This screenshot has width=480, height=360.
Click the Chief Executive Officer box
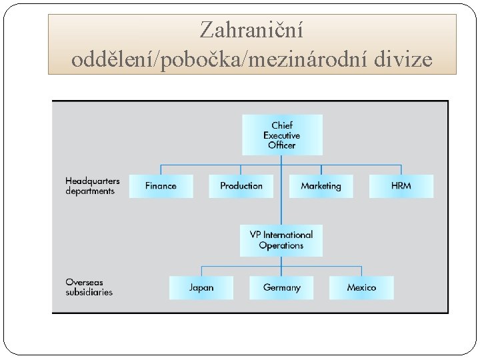pyautogui.click(x=281, y=135)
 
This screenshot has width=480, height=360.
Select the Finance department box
pyautogui.click(x=161, y=186)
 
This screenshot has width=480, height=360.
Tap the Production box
pyautogui.click(x=241, y=186)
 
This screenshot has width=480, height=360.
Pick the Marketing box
pyautogui.click(x=321, y=186)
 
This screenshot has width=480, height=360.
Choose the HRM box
pyautogui.click(x=401, y=186)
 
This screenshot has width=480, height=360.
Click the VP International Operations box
pyautogui.click(x=281, y=240)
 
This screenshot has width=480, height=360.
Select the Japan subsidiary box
pyautogui.click(x=201, y=288)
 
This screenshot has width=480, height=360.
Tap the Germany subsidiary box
pyautogui.click(x=281, y=288)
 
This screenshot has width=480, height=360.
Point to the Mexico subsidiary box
pyautogui.click(x=361, y=288)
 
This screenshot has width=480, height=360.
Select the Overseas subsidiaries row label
pyautogui.click(x=89, y=287)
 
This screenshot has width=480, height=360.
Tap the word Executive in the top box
pyautogui.click(x=281, y=135)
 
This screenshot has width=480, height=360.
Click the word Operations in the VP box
pyautogui.click(x=281, y=245)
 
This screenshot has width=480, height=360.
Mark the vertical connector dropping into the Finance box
pyautogui.click(x=161, y=169)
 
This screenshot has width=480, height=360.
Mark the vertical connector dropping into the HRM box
pyautogui.click(x=401, y=169)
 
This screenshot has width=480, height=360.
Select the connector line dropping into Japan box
pyautogui.click(x=201, y=271)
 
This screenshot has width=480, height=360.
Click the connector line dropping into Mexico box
pyautogui.click(x=361, y=271)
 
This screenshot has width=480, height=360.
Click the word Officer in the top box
pyautogui.click(x=281, y=145)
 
